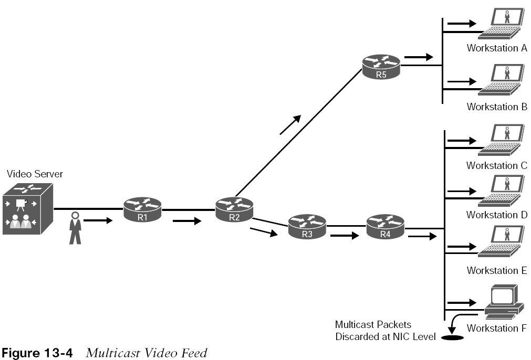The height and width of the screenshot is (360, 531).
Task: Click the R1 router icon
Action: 142,210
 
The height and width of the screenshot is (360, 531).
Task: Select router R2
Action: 234,209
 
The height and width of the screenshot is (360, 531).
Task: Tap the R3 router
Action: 307,226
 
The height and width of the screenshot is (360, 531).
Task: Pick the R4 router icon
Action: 386,226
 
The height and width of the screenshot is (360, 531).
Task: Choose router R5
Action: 381,67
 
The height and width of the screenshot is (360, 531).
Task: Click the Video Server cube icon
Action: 28,209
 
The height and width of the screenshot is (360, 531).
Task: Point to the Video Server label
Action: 35,174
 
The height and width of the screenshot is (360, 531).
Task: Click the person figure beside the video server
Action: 75,228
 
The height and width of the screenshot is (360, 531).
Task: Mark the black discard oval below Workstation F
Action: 452,337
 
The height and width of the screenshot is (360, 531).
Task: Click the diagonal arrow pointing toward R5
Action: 290,125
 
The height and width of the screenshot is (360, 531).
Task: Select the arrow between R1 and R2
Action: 187,221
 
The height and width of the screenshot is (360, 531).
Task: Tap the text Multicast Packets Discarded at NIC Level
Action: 386,331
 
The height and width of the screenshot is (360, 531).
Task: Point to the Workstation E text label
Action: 497,270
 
